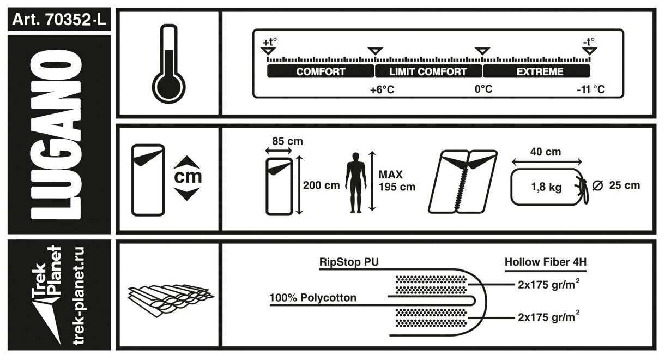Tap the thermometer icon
(168, 64)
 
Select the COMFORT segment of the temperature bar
(321, 71)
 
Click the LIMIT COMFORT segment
(428, 71)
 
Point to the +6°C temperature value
(382, 89)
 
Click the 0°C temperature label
(483, 89)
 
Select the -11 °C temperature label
(590, 89)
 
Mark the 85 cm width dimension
(287, 142)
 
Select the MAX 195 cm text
(396, 181)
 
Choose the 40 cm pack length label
(546, 152)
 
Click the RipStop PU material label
(348, 261)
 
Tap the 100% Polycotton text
(313, 298)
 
